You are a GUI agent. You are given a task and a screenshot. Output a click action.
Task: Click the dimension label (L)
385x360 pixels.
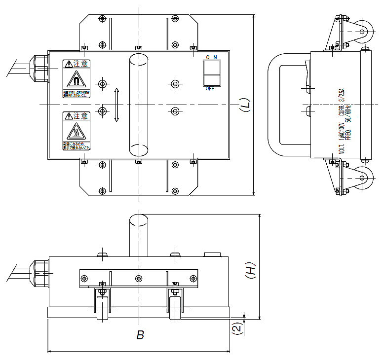click(245, 105)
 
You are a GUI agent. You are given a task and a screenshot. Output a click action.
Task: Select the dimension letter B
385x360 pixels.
click(140, 335)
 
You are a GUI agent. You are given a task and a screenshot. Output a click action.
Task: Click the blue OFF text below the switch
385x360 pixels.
click(210, 89)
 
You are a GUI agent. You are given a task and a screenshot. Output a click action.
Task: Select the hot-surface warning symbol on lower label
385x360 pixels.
click(76, 132)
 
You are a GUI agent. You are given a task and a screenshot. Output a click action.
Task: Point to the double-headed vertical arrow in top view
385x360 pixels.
click(116, 105)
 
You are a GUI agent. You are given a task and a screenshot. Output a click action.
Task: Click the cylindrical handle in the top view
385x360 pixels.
click(139, 105)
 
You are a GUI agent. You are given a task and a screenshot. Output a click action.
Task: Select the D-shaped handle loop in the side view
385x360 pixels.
click(276, 105)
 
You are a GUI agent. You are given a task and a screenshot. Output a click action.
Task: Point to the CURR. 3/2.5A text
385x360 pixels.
click(341, 96)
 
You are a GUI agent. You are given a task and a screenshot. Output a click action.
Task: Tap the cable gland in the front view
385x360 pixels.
click(39, 274)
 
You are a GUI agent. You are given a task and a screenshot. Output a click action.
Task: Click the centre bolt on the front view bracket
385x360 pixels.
click(139, 278)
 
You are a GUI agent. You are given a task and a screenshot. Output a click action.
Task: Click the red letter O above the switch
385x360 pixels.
click(208, 58)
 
